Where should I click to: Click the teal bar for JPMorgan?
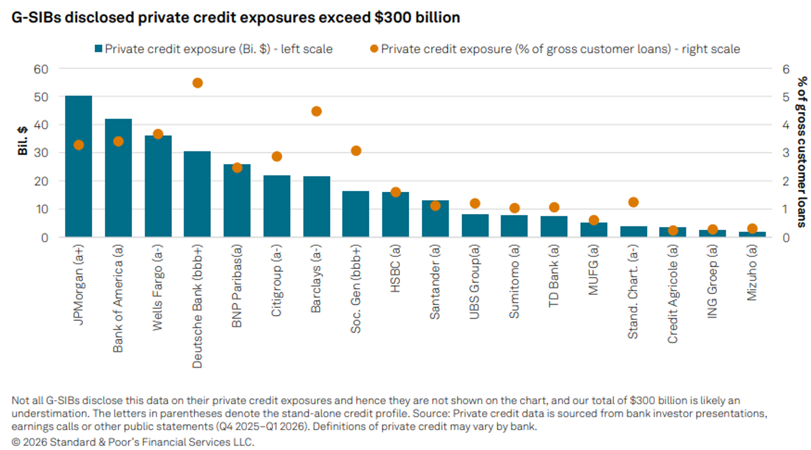[x=78, y=166]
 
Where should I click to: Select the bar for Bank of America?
[x=118, y=178]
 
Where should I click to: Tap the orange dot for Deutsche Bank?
[x=198, y=83]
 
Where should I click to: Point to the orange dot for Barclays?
[x=316, y=111]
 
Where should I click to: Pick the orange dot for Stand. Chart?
[x=633, y=202]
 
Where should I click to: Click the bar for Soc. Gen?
[x=356, y=214]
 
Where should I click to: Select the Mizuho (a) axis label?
[x=752, y=273]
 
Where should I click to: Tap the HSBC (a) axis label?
[x=395, y=269]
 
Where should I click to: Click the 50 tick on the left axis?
[x=41, y=97]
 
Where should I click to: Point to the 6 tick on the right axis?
[x=786, y=69]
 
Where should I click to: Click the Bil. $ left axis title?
[x=23, y=140]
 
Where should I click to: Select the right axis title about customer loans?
[x=802, y=152]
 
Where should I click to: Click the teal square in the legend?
[x=98, y=49]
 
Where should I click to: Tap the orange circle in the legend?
[x=374, y=49]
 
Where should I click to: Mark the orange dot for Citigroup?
[x=277, y=157]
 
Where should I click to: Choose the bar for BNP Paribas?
[x=237, y=201]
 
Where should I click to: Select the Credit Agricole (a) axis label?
[x=673, y=294]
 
